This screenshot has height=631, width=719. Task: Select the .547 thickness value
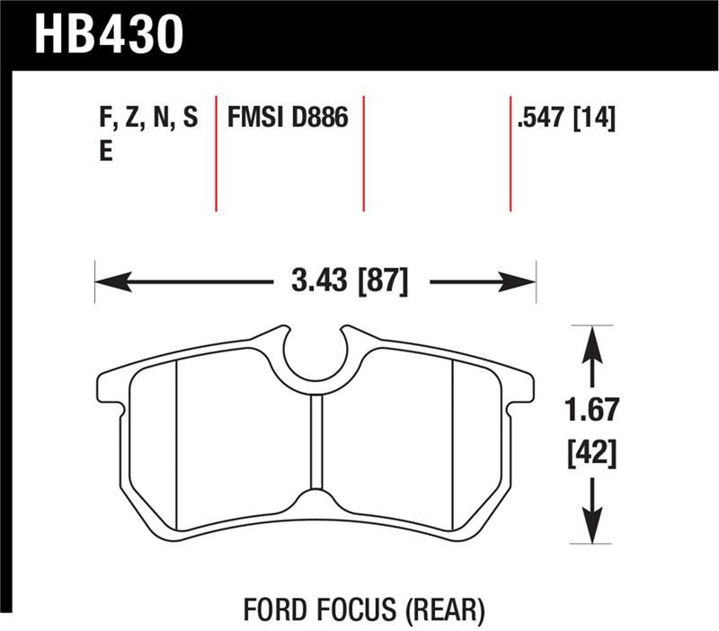542,118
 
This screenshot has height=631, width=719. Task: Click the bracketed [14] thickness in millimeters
594,118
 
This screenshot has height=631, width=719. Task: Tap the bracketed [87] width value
386,282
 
